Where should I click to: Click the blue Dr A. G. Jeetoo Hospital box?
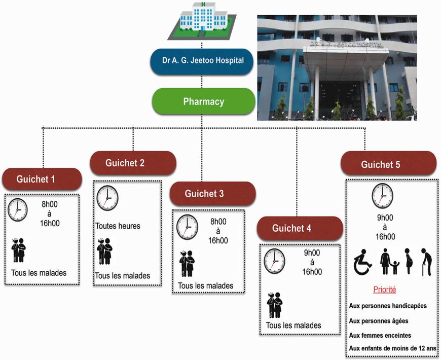click(x=202, y=61)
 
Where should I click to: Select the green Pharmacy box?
click(x=203, y=101)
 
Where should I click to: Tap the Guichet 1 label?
click(x=42, y=179)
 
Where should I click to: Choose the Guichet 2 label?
click(x=133, y=163)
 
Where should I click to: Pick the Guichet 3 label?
click(x=212, y=194)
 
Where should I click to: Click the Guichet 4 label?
click(x=300, y=228)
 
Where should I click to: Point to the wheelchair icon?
click(x=362, y=262)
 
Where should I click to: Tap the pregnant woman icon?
click(x=409, y=261)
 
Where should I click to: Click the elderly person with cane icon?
click(x=426, y=262)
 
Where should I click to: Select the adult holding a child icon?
click(x=389, y=261)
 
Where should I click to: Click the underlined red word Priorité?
click(x=384, y=290)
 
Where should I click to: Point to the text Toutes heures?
click(x=118, y=226)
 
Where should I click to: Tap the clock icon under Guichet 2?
click(x=107, y=198)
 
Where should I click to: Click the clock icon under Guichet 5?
click(x=382, y=196)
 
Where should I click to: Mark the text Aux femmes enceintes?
click(x=380, y=335)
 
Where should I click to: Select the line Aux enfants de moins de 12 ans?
click(x=393, y=348)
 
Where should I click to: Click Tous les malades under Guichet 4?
click(x=293, y=326)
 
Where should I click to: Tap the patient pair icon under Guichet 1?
click(x=19, y=250)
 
